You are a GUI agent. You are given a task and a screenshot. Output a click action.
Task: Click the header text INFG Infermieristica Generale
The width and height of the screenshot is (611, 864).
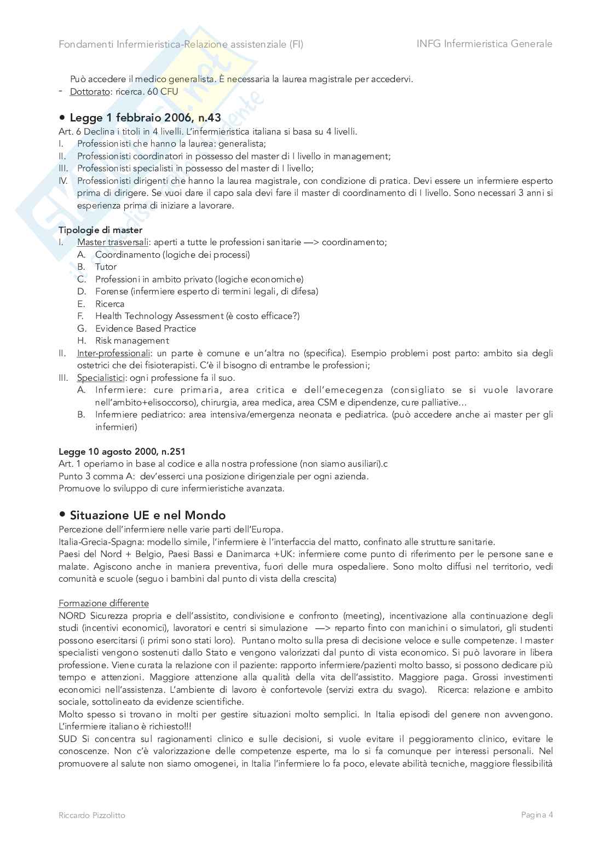click(x=484, y=44)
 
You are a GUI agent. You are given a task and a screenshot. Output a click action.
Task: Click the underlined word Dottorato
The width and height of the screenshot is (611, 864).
click(x=90, y=91)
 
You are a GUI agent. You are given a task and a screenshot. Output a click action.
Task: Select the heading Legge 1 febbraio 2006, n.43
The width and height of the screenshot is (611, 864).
click(x=145, y=118)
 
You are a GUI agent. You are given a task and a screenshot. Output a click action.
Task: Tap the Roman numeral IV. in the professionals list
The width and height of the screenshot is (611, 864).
click(x=63, y=181)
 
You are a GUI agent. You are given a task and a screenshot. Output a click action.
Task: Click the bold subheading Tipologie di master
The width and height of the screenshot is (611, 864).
click(x=100, y=230)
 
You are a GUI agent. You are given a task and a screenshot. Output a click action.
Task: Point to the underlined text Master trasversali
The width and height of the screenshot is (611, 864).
click(x=112, y=242)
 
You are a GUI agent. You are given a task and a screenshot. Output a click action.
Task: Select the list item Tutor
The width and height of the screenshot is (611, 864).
click(x=106, y=266)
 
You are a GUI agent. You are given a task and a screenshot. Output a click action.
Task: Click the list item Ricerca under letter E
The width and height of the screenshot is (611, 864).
click(x=109, y=304)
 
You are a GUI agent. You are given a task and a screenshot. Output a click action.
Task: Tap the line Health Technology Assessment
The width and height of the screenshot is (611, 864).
click(x=197, y=316)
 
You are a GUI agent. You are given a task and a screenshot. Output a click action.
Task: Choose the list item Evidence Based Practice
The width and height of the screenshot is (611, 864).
click(x=145, y=328)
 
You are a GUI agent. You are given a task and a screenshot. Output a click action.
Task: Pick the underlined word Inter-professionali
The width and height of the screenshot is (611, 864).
click(x=113, y=353)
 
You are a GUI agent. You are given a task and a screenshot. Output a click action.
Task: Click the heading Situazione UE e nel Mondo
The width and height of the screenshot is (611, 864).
click(x=147, y=515)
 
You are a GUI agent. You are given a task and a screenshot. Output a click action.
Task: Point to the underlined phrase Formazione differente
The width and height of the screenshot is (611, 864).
click(x=103, y=603)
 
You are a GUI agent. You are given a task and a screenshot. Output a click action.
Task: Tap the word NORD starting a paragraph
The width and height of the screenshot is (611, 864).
click(x=72, y=616)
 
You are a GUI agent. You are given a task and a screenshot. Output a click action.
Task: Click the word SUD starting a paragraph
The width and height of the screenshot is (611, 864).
click(x=68, y=739)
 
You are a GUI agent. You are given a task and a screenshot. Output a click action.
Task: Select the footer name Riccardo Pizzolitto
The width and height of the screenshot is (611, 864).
click(x=92, y=815)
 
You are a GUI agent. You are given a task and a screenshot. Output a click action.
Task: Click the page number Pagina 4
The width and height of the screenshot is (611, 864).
click(x=537, y=815)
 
